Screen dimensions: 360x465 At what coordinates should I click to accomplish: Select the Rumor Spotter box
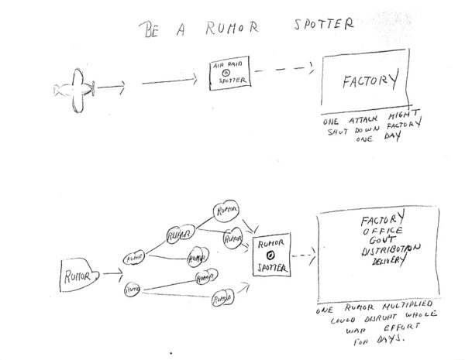pos(271,256)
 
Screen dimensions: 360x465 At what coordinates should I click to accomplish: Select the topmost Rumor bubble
pos(226,210)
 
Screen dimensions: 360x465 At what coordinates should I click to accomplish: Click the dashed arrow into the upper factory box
pos(284,70)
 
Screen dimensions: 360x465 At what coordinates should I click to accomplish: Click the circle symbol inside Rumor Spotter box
pos(270,255)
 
